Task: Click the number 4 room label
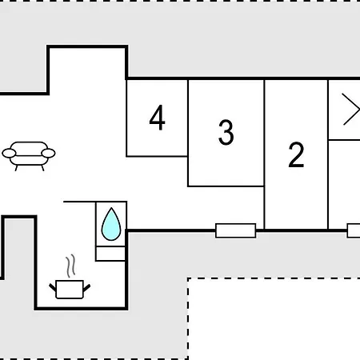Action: point(158,118)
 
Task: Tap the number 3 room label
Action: point(226,132)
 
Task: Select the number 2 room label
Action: point(296,154)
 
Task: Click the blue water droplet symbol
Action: point(111,224)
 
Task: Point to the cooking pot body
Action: point(70,290)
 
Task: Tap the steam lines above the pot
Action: point(70,266)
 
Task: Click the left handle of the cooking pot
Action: point(53,287)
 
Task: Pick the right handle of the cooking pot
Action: point(86,288)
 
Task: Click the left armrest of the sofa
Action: point(9,154)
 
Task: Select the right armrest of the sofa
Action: point(48,154)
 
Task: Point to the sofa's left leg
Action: point(16,168)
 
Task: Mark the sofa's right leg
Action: point(42,168)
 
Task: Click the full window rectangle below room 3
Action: point(236,230)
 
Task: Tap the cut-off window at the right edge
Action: point(354,230)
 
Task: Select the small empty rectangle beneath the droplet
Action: point(110,254)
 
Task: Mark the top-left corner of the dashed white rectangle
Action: point(188,278)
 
